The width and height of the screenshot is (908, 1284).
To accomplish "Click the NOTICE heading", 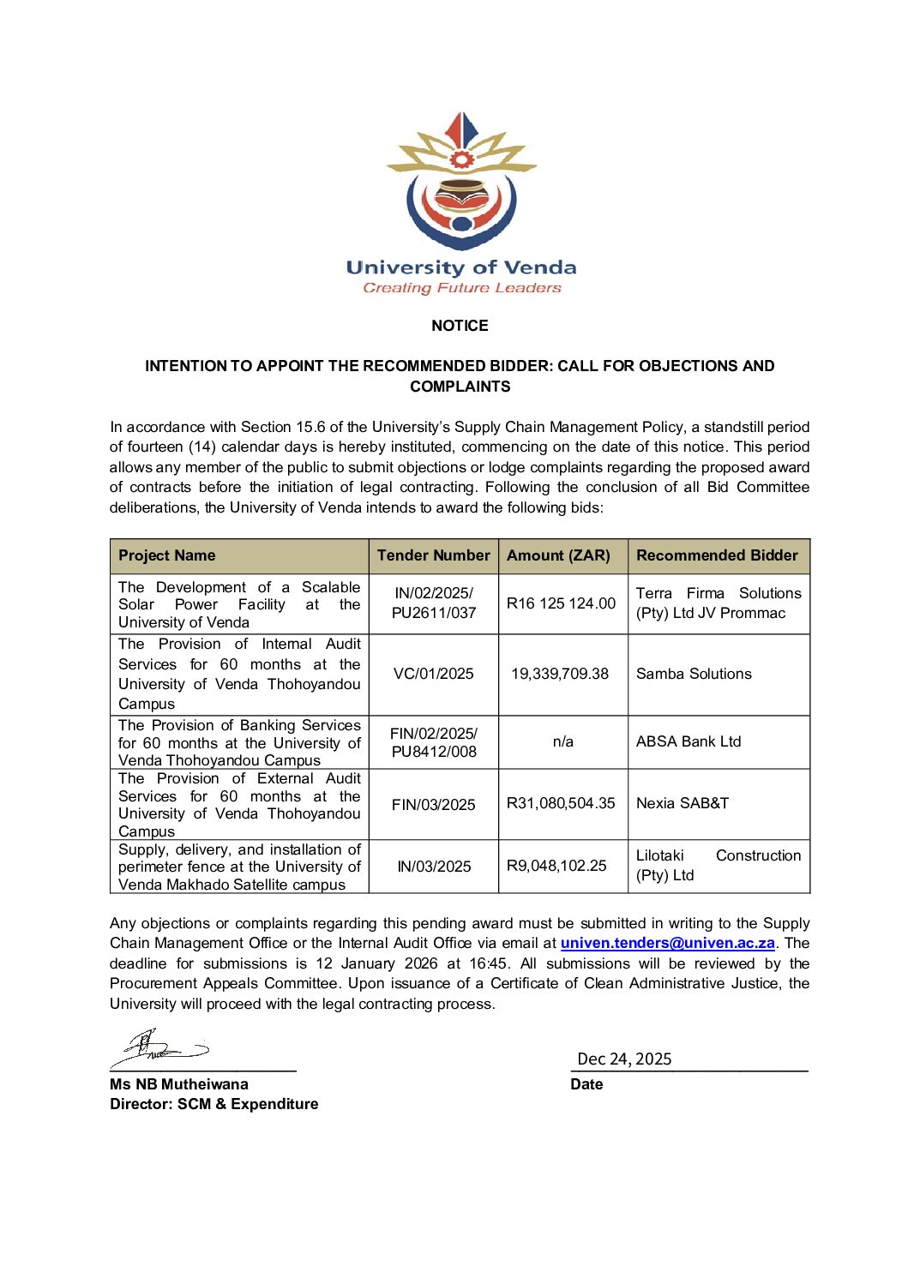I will click(x=460, y=326).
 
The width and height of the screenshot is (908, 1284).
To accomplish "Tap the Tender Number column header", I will click(x=433, y=555).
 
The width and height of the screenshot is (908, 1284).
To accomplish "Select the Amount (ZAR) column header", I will click(x=558, y=555).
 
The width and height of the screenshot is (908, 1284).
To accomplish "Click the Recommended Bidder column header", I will click(x=717, y=555).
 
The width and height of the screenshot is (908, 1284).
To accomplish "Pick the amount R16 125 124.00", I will click(x=561, y=603).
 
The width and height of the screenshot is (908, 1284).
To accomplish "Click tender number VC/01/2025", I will click(x=433, y=674).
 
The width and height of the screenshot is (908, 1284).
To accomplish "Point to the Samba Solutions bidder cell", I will click(x=694, y=674).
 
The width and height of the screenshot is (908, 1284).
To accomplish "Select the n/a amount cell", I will click(x=562, y=741).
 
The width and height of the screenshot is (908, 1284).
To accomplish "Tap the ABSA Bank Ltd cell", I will click(x=689, y=741).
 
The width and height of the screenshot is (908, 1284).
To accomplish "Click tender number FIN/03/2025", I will click(x=433, y=804).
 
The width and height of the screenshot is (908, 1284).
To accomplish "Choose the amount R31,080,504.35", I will click(x=561, y=803).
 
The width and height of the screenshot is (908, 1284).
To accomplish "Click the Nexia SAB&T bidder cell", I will click(x=683, y=803).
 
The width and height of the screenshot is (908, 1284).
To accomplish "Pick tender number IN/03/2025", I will click(x=434, y=867).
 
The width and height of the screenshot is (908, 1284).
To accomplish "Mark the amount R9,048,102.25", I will click(x=556, y=866).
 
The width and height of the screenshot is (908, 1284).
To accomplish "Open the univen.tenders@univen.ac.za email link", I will click(x=668, y=943).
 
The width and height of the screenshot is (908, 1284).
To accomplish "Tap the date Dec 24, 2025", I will click(x=624, y=1059).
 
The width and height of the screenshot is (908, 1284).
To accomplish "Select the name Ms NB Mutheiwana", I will click(x=179, y=1084).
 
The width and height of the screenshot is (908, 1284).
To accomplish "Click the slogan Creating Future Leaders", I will click(x=461, y=288).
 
